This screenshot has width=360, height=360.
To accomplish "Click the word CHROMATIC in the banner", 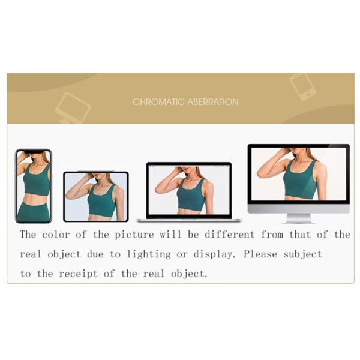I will [x=154, y=102].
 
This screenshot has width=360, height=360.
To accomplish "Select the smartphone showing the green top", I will [x=33, y=185].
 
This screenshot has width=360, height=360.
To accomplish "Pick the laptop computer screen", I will [x=189, y=190].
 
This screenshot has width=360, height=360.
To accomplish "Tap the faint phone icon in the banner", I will [x=302, y=86].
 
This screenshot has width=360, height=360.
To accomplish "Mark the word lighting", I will [x=147, y=254].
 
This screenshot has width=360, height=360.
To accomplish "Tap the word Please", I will [x=262, y=254].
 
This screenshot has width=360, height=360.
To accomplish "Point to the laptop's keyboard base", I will [x=188, y=220].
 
